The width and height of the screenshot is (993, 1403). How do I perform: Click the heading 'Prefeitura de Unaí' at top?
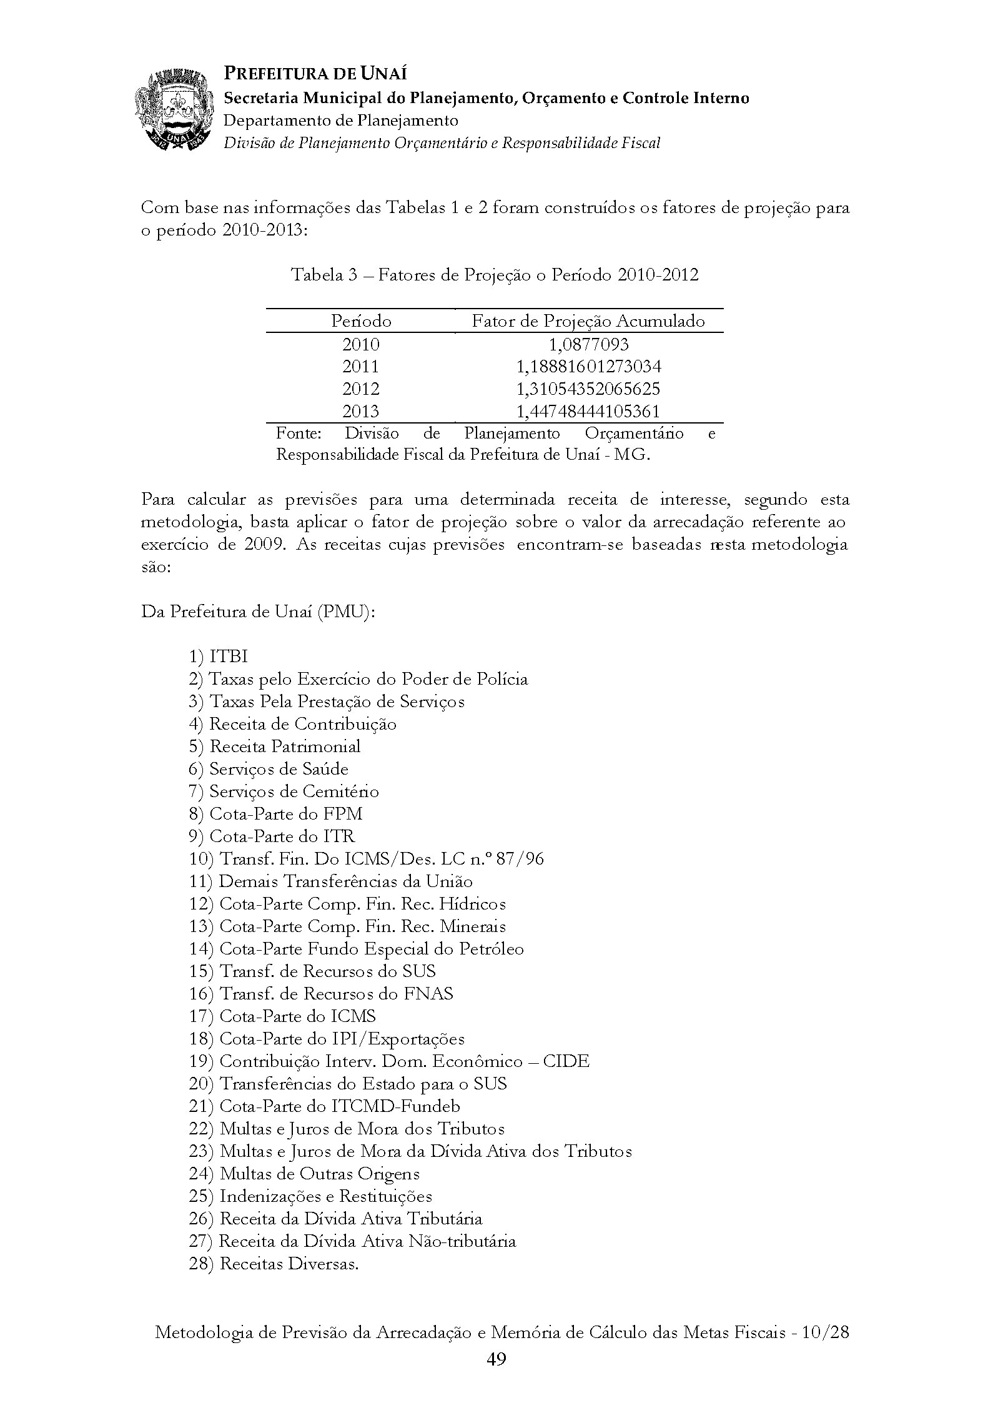click(x=315, y=74)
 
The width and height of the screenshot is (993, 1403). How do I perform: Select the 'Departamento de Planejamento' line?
click(x=341, y=120)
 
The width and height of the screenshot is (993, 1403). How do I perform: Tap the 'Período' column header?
click(x=361, y=321)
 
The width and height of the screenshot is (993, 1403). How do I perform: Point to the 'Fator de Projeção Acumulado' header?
click(x=588, y=321)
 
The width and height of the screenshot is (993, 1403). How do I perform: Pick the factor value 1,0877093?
click(x=588, y=344)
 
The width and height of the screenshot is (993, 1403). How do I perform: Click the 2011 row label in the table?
click(x=361, y=367)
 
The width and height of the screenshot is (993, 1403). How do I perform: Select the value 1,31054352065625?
click(x=588, y=389)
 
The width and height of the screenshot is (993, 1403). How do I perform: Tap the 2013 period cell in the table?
click(x=361, y=412)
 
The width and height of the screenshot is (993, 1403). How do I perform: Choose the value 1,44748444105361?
click(x=588, y=412)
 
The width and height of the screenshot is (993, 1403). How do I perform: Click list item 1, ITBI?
click(x=219, y=657)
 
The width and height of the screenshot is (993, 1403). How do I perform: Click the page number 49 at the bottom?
click(x=496, y=1359)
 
